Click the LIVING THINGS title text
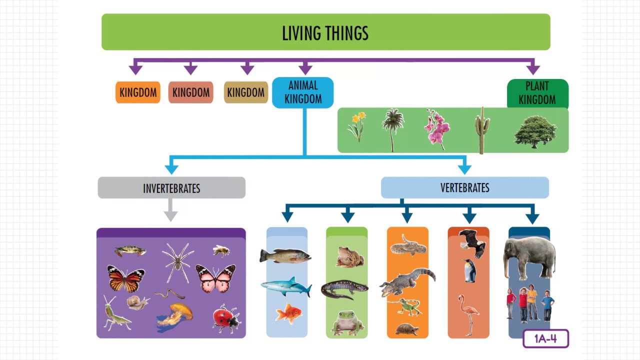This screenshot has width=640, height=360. [325, 33]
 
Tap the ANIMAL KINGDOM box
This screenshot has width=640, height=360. [303, 92]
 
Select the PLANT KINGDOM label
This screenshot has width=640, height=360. [537, 93]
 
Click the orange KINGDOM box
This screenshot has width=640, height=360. [138, 92]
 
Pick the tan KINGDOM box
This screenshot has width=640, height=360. [245, 92]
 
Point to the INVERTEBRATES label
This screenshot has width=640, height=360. [171, 188]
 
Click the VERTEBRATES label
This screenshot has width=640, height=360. [464, 187]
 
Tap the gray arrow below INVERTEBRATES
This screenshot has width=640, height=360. [171, 210]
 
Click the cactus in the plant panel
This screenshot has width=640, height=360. [482, 130]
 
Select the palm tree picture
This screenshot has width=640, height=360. [392, 128]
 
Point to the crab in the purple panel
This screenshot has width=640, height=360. [129, 250]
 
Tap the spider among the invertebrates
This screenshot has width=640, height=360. [177, 261]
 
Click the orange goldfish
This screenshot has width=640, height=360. [288, 313]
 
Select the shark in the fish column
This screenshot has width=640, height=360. [285, 286]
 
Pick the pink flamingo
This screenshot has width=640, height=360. [468, 313]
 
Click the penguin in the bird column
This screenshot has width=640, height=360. [469, 271]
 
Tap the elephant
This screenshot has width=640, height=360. [530, 256]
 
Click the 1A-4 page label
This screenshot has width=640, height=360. [545, 339]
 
